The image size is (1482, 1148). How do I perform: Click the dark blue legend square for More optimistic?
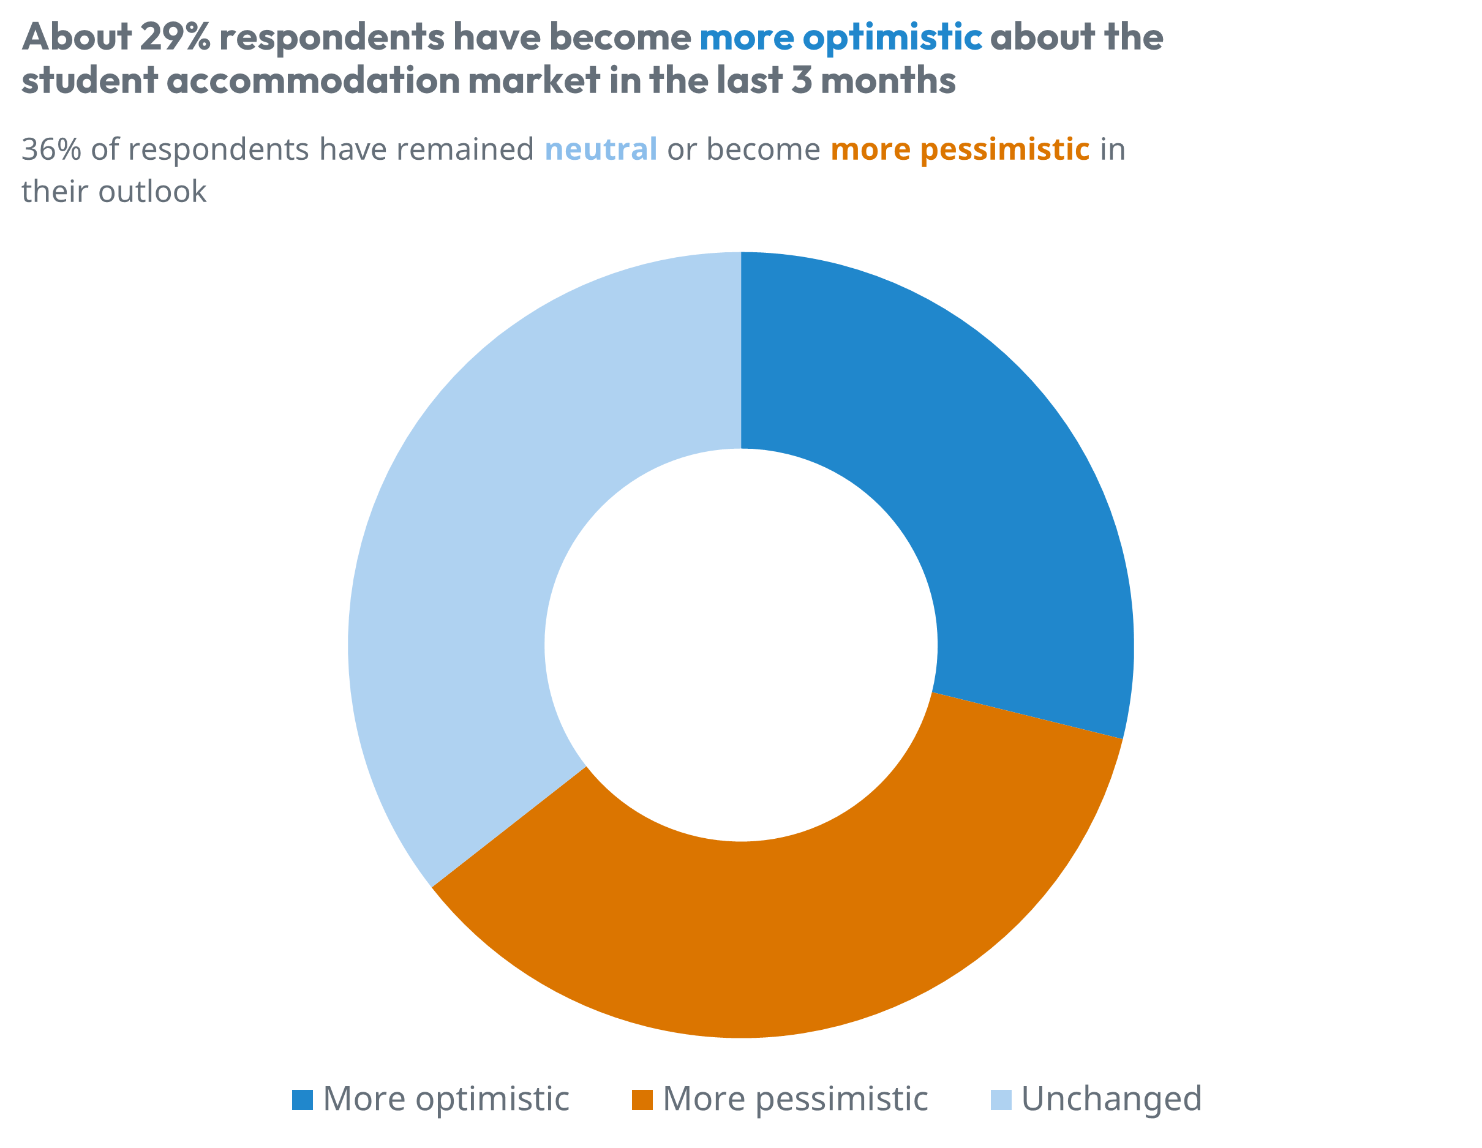(302, 1100)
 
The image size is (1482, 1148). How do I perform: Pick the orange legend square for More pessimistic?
(642, 1100)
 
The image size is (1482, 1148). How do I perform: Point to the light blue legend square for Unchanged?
(1001, 1100)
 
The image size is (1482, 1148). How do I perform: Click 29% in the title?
(176, 37)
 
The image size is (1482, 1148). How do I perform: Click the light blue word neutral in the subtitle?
(601, 149)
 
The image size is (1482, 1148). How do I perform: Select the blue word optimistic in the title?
(892, 38)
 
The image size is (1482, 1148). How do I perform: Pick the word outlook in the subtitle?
(152, 192)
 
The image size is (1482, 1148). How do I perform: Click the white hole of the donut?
(740, 645)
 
